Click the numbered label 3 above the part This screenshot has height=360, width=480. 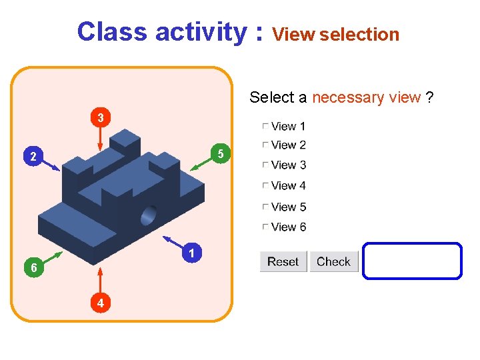pyautogui.click(x=100, y=118)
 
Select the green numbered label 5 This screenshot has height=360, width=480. pyautogui.click(x=221, y=154)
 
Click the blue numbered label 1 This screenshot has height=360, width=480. pyautogui.click(x=191, y=253)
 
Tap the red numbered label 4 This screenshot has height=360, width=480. pyautogui.click(x=100, y=303)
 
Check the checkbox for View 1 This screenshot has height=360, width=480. pyautogui.click(x=265, y=126)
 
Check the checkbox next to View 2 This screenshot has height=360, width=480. pyautogui.click(x=265, y=145)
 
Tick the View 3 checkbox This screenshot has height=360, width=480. pyautogui.click(x=265, y=165)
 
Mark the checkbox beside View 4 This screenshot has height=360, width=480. pyautogui.click(x=265, y=185)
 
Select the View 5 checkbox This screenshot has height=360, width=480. pyautogui.click(x=265, y=207)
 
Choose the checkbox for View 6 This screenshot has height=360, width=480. pyautogui.click(x=265, y=227)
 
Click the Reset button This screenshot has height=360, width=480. pyautogui.click(x=283, y=261)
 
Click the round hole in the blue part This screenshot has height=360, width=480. pyautogui.click(x=149, y=215)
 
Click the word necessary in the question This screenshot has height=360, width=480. pyautogui.click(x=349, y=97)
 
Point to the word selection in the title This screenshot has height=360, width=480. pyautogui.click(x=359, y=35)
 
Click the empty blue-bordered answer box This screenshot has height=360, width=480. pyautogui.click(x=412, y=261)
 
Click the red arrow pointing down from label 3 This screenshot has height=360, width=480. pyautogui.click(x=100, y=139)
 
